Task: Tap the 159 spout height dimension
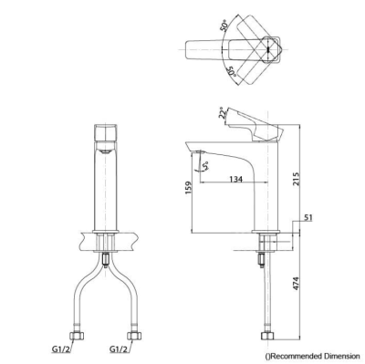(188, 188)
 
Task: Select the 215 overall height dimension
(297, 179)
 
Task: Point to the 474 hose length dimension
(297, 284)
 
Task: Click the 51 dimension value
(308, 218)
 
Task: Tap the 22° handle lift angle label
(224, 112)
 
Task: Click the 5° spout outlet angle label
(205, 166)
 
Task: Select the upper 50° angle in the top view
(224, 26)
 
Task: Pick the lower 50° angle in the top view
(233, 72)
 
